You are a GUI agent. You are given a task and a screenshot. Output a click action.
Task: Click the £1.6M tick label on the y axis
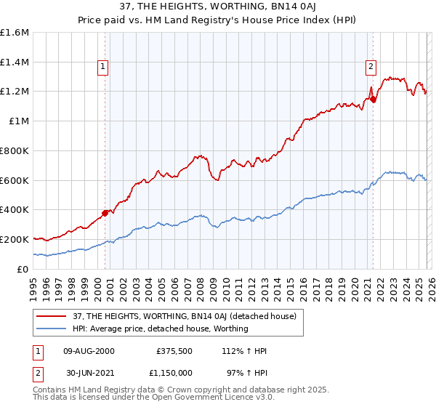16,33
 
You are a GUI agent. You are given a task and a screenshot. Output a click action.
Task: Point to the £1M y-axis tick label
19,121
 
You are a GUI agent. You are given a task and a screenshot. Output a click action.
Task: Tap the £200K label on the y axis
15,239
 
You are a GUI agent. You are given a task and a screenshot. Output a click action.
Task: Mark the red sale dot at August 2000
105,213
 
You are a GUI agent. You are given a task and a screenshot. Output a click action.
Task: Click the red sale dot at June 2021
373,100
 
